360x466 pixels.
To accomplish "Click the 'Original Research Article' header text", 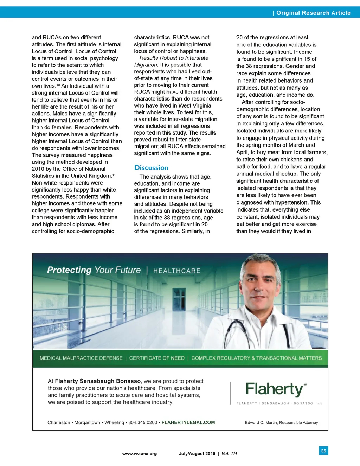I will [x=313, y=13].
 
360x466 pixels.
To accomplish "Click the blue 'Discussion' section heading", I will [x=151, y=168].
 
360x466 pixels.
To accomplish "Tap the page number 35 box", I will [x=323, y=451].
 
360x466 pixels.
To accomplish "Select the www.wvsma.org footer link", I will [x=140, y=454].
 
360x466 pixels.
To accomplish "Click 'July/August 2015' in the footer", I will [x=197, y=454].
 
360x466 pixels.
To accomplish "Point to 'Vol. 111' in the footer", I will [x=229, y=454].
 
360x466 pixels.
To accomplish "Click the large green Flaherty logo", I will [x=274, y=389].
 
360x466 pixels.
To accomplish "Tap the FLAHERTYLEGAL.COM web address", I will [x=188, y=422].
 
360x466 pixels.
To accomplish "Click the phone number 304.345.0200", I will [x=142, y=422].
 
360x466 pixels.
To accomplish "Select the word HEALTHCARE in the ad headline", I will [x=177, y=271].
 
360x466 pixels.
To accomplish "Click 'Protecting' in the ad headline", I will [x=69, y=270].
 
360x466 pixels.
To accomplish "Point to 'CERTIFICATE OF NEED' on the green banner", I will [x=157, y=358].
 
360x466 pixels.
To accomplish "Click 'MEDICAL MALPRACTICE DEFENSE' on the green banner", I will [x=81, y=358].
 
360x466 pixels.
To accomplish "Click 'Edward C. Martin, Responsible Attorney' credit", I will [x=281, y=423].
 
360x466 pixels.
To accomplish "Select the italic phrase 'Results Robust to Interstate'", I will [x=174, y=58].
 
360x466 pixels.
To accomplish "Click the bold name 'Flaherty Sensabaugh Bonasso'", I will [x=98, y=381].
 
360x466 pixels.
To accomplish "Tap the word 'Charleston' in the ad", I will [x=59, y=422].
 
